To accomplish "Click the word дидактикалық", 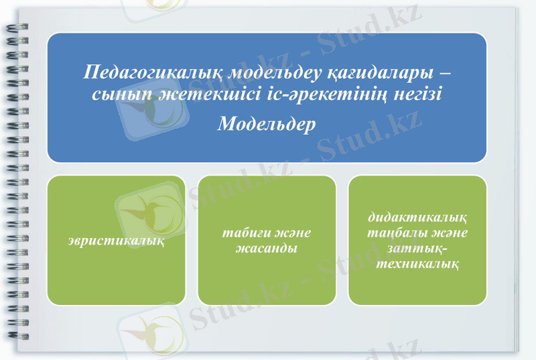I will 418,219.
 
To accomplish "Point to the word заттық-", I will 418,249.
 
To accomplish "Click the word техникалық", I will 418,263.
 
